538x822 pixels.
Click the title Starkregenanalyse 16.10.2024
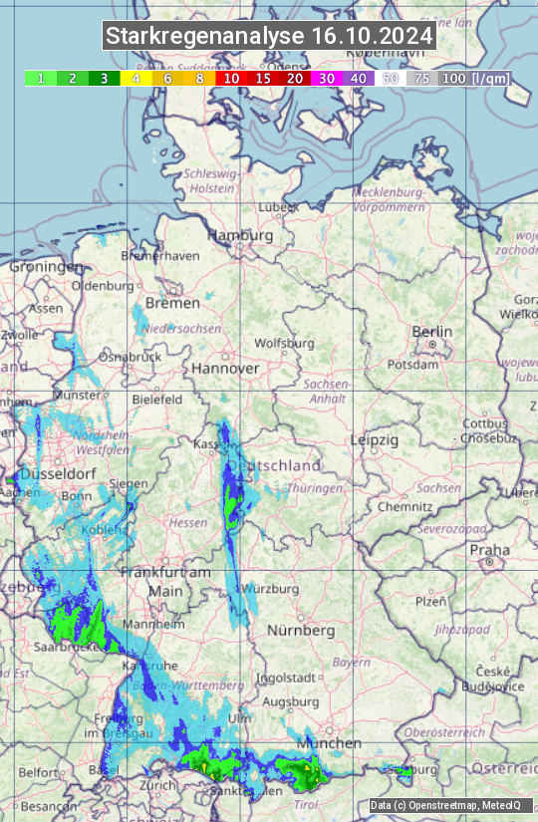tap(269, 37)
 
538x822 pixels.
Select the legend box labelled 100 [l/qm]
tap(473, 78)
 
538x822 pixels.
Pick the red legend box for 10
tap(230, 78)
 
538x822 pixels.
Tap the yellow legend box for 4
tap(134, 78)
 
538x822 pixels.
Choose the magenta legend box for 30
tap(326, 78)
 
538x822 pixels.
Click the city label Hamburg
tap(239, 235)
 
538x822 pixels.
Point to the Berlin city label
tap(431, 332)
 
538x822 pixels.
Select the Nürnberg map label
tap(300, 631)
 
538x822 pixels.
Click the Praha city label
tap(489, 549)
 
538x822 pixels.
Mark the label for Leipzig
tap(375, 439)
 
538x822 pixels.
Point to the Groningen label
tap(46, 267)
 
